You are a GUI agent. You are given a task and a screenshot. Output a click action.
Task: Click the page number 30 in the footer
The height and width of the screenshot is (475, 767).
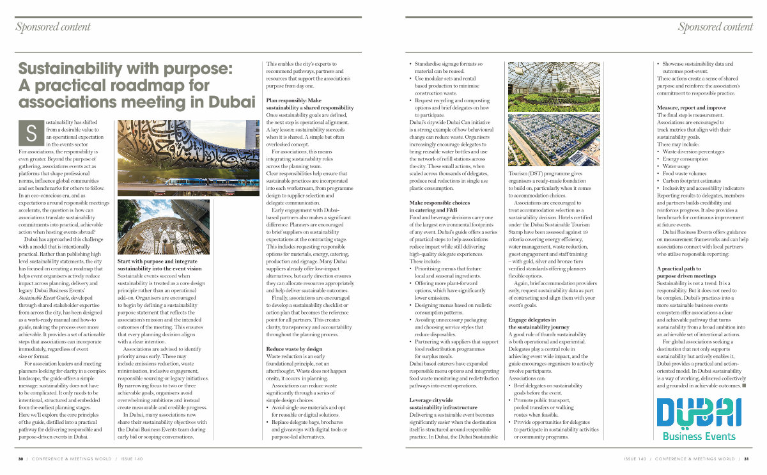pos(20,459)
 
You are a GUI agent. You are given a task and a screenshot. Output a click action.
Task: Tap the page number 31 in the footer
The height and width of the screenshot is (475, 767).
pos(746,459)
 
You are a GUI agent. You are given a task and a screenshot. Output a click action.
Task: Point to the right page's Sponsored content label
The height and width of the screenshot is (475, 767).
pos(715,27)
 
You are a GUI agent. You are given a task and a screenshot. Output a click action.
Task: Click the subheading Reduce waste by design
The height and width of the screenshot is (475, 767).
pos(294,349)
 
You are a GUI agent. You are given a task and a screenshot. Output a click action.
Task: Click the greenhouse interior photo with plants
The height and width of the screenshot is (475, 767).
pos(554,86)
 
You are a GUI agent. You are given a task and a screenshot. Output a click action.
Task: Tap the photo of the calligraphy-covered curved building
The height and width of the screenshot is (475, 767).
pos(171,157)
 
